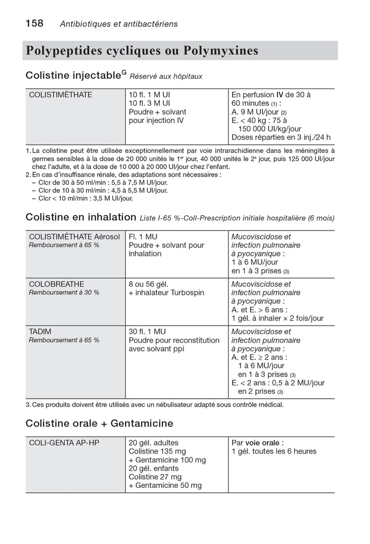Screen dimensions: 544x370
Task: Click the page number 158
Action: click(x=34, y=23)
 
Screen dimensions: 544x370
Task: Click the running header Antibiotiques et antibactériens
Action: click(x=119, y=24)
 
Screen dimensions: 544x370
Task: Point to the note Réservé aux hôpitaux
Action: click(x=166, y=77)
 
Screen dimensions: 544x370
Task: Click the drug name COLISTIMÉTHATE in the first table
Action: click(x=61, y=95)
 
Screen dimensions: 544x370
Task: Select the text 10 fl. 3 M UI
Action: click(x=149, y=103)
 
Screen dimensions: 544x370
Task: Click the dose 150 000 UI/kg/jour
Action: click(x=270, y=129)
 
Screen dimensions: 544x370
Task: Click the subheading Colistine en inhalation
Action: click(x=81, y=217)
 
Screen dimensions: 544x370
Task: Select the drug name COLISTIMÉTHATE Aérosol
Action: click(x=75, y=237)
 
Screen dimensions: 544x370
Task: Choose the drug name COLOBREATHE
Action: click(x=57, y=284)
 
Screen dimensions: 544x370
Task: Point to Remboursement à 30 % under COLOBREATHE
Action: click(x=64, y=292)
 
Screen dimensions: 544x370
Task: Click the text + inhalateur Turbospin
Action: click(x=166, y=292)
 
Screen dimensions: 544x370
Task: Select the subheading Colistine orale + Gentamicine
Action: click(x=99, y=423)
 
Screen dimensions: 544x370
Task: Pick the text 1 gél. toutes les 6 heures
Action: click(x=274, y=451)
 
